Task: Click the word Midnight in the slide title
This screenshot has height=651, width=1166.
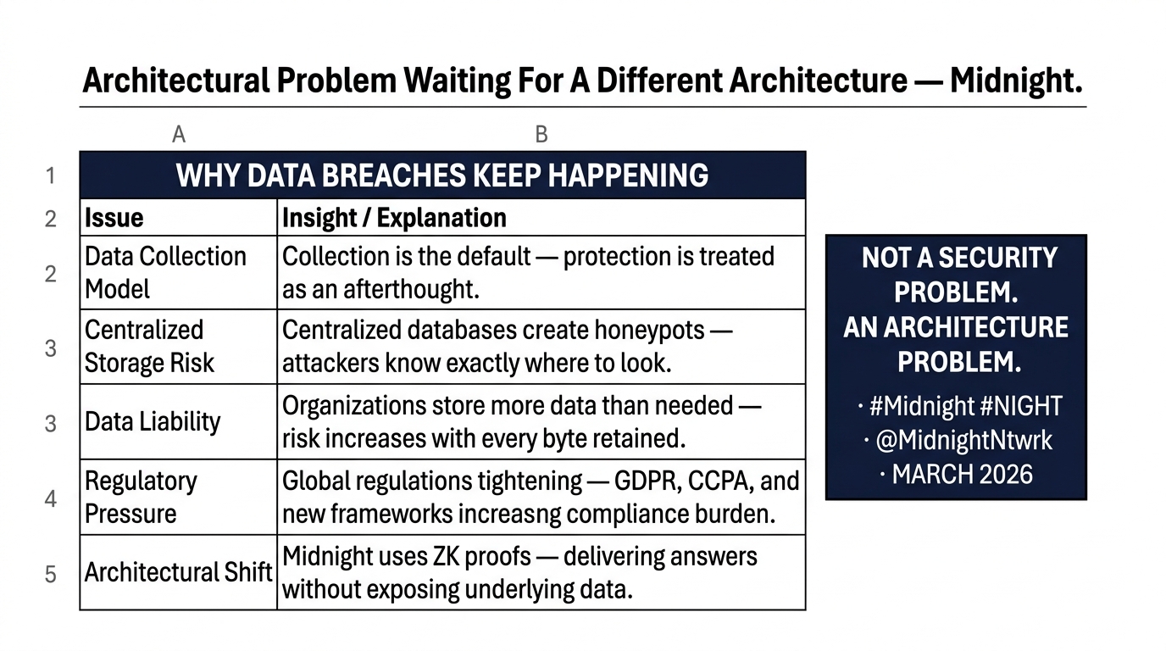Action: (1016, 81)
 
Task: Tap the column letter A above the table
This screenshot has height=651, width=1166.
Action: (179, 135)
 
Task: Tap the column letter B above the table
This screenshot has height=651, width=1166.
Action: (541, 135)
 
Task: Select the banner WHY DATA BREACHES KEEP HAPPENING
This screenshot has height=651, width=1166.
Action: (442, 175)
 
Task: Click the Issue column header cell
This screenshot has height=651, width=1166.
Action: (179, 217)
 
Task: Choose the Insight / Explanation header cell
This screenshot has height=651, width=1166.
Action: (541, 217)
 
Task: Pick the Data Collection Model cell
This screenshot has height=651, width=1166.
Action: (179, 272)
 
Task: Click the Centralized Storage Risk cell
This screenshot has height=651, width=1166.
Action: (179, 347)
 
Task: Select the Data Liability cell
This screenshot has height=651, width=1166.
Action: (179, 421)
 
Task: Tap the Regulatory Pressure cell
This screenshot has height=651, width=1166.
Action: (179, 497)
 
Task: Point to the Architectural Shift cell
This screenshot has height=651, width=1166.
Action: (179, 572)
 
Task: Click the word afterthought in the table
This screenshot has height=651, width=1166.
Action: (411, 289)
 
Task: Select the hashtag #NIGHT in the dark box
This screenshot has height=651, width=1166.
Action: (1021, 406)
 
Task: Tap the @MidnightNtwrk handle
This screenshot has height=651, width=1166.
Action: (964, 441)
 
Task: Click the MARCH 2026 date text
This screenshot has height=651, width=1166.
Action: (962, 475)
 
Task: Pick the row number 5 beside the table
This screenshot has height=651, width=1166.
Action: (51, 574)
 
